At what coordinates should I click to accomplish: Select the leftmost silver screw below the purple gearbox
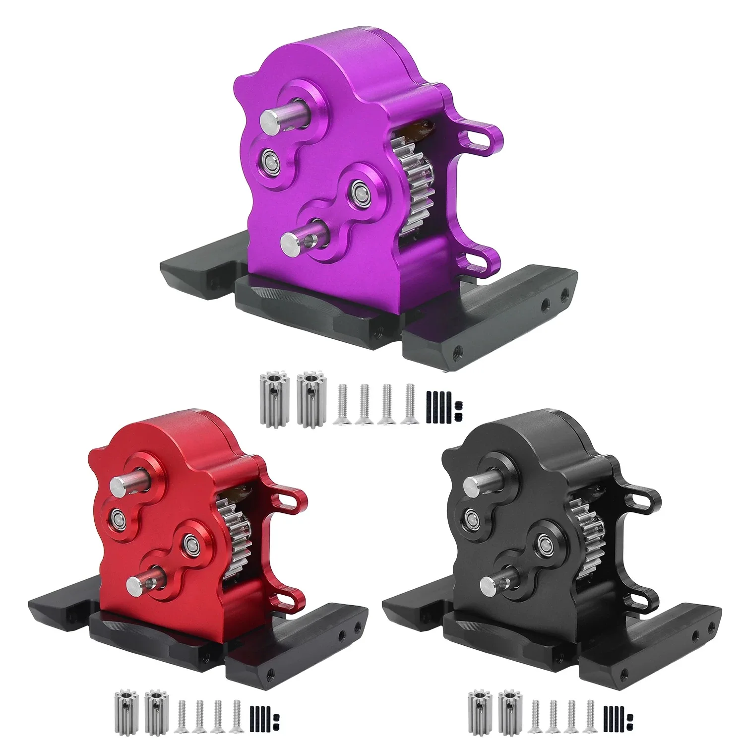[341, 404]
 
